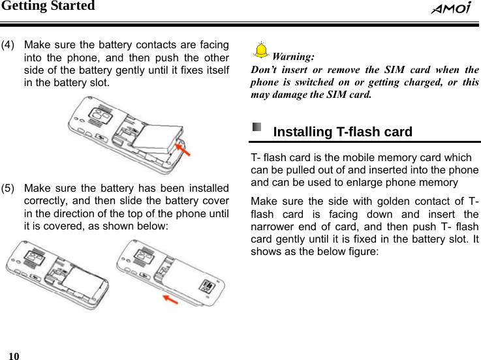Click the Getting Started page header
pyautogui.click(x=48, y=7)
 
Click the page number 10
pyautogui.click(x=13, y=354)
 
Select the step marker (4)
pyautogui.click(x=9, y=45)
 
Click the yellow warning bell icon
pyautogui.click(x=261, y=50)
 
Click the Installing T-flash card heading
pyautogui.click(x=343, y=132)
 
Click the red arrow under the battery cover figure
pyautogui.click(x=171, y=299)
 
